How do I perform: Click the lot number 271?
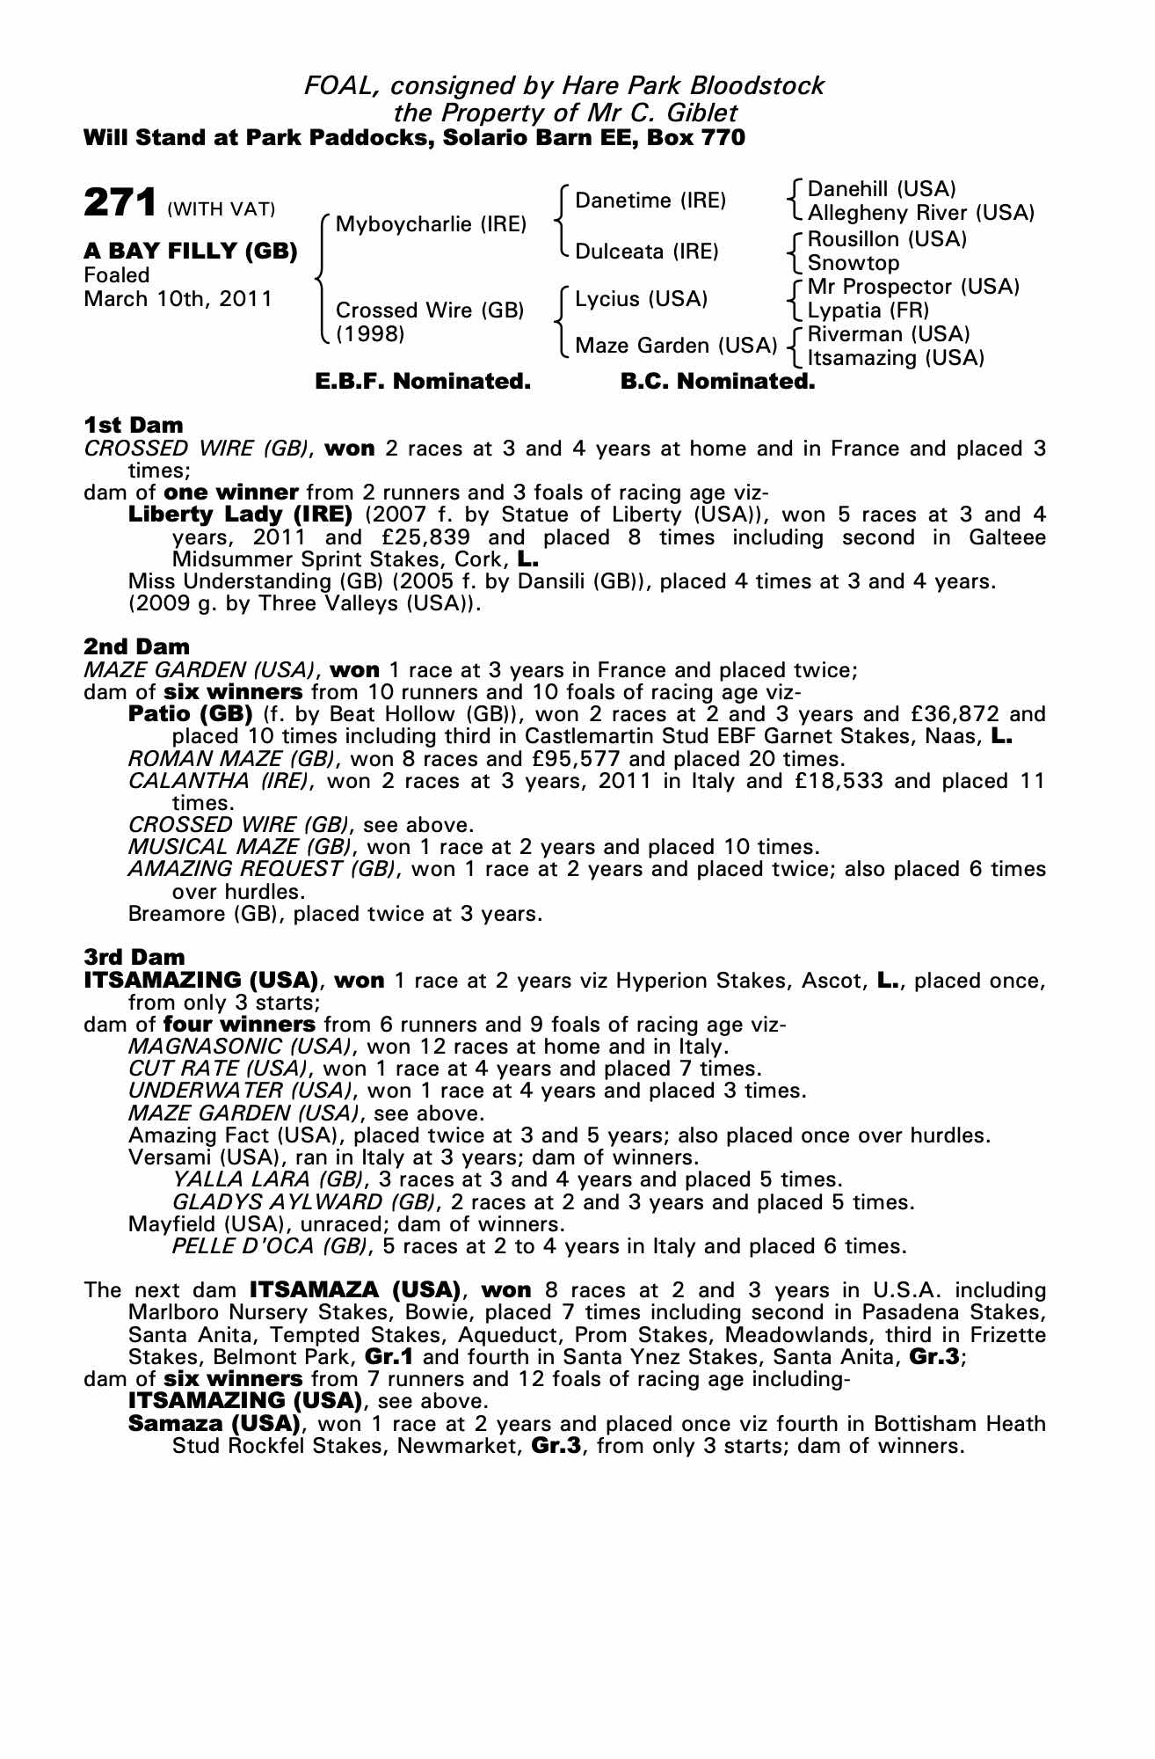120,203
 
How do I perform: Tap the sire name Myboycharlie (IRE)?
431,224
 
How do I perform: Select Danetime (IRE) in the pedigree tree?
650,201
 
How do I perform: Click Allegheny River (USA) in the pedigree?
920,213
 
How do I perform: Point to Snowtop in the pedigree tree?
854,263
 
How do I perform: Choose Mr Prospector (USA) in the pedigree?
913,287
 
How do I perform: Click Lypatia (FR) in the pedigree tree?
868,310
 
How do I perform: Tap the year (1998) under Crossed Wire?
370,334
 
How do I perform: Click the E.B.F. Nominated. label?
423,382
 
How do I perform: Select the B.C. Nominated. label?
717,382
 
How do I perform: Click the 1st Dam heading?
133,426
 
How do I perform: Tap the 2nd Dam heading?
136,647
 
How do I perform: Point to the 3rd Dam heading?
134,957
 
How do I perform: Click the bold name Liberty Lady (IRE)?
240,515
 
